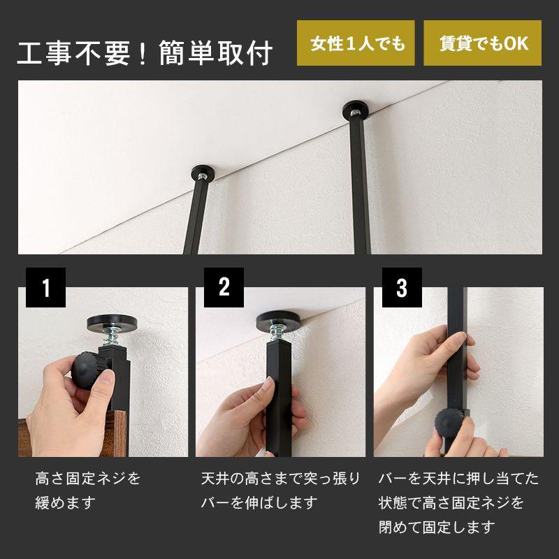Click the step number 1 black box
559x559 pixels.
click(45, 287)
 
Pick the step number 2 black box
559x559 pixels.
click(224, 287)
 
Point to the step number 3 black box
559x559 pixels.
click(401, 287)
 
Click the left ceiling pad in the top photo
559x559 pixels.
click(203, 172)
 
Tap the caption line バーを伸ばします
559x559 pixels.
click(259, 502)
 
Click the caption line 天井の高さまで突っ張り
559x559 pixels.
click(280, 479)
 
